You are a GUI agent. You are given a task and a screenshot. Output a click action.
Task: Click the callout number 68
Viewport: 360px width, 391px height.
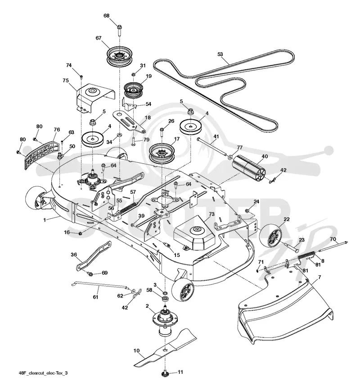click(106, 16)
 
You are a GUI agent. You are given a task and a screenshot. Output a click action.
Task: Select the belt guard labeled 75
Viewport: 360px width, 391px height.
click(95, 98)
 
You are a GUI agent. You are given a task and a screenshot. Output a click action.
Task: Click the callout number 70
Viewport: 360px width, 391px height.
click(333, 238)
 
